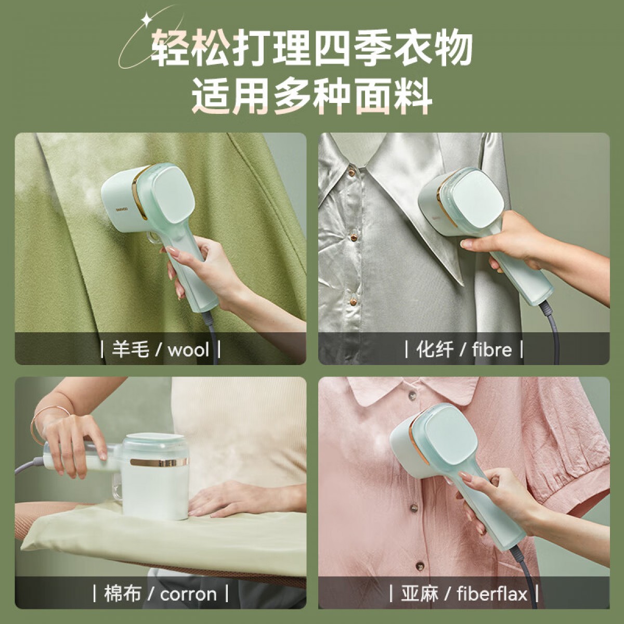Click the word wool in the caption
(188, 350)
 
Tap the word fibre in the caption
(492, 349)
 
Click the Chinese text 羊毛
(130, 350)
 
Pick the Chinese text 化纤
(435, 350)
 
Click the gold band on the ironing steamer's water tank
(159, 462)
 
